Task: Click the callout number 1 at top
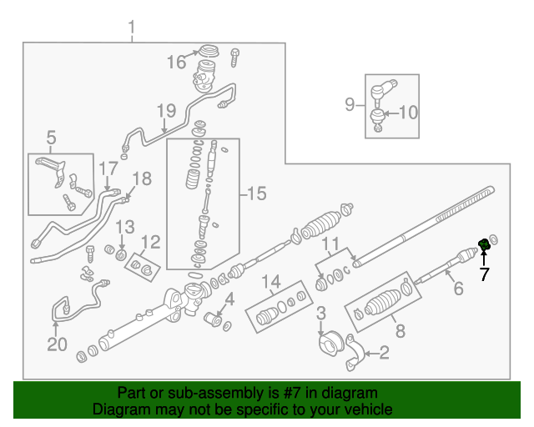click(x=131, y=31)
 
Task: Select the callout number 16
click(x=176, y=62)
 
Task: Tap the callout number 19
click(x=166, y=110)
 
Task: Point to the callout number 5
click(x=51, y=137)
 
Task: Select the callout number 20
click(x=56, y=344)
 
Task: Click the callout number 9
click(x=350, y=104)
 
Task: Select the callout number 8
click(x=400, y=331)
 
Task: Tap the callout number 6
click(x=457, y=289)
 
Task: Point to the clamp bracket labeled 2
click(x=355, y=357)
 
